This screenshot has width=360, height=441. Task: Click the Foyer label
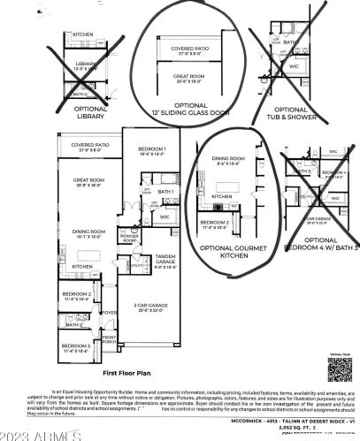tap(109, 312)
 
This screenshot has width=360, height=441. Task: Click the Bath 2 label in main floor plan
tap(74, 324)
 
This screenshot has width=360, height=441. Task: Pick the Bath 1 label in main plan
tap(165, 192)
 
